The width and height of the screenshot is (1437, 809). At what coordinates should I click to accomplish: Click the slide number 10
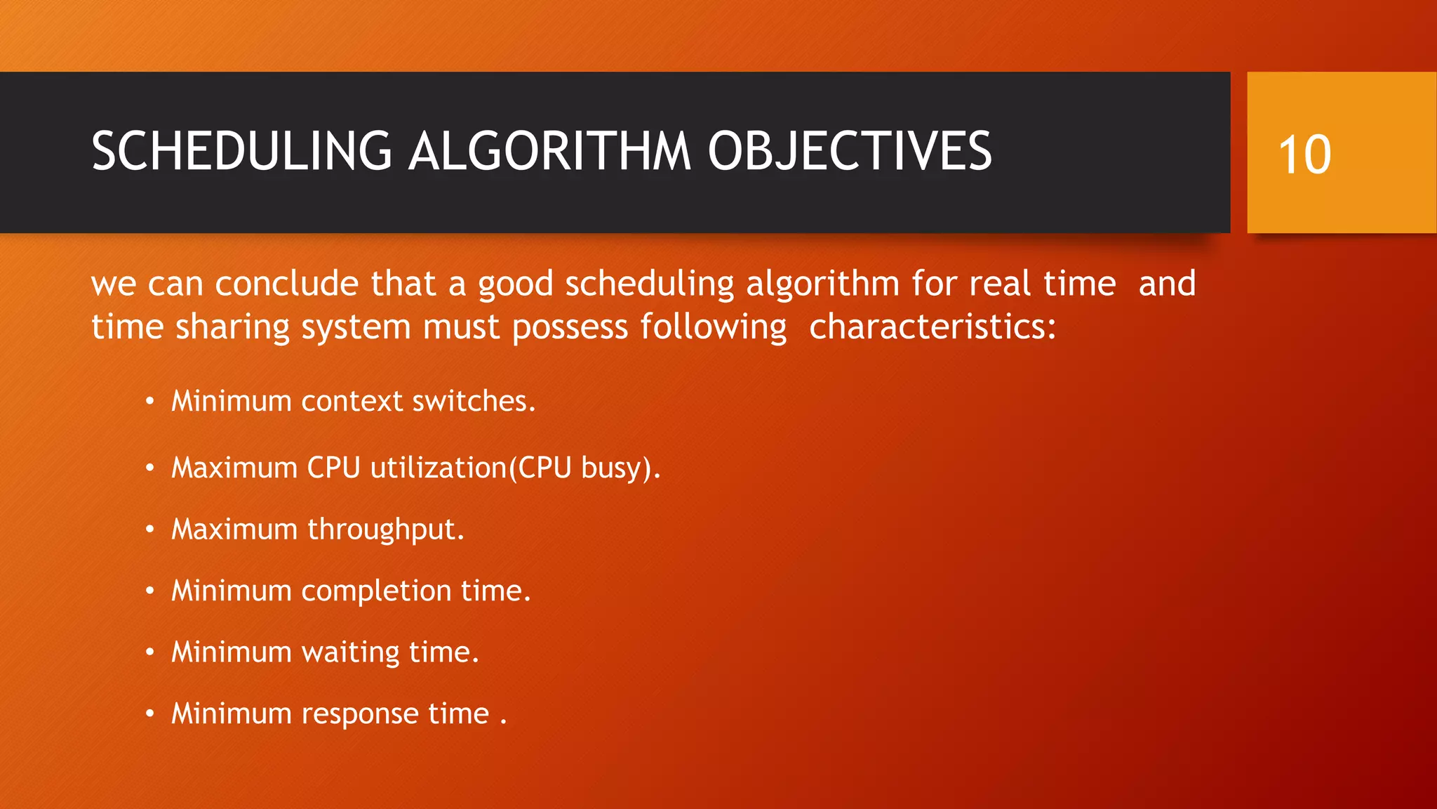click(1304, 154)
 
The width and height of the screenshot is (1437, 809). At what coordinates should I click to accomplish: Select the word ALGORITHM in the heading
click(549, 152)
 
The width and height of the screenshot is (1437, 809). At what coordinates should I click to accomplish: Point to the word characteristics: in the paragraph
click(932, 327)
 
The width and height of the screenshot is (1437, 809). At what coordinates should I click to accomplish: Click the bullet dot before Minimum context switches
click(149, 402)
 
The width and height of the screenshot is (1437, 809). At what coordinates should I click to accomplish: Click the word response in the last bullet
click(360, 713)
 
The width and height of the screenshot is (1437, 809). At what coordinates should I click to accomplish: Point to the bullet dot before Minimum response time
click(149, 714)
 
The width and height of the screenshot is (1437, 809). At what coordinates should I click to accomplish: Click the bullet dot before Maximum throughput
click(149, 530)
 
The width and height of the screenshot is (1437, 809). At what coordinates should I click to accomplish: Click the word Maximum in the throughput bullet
click(234, 530)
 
